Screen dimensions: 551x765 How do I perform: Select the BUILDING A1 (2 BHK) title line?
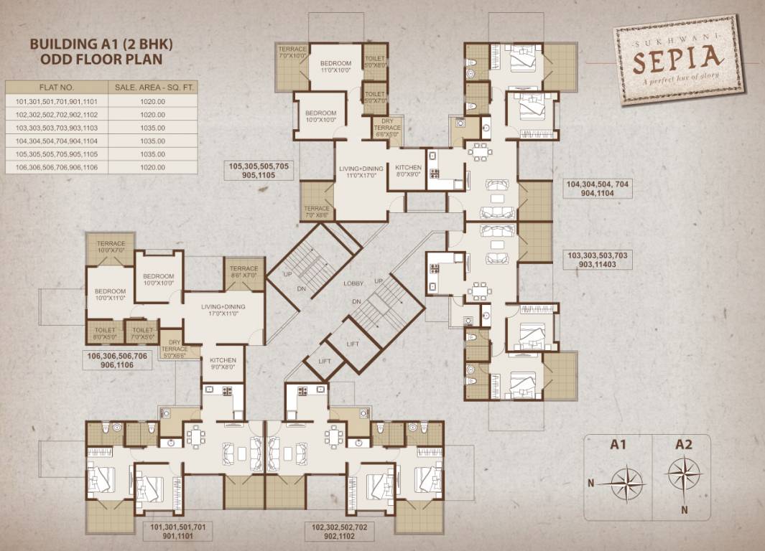pyautogui.click(x=101, y=44)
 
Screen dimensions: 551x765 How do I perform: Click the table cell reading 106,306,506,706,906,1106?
pyautogui.click(x=56, y=167)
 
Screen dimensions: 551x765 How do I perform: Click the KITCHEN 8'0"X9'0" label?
pyautogui.click(x=408, y=169)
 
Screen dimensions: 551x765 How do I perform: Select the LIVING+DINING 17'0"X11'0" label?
pyautogui.click(x=223, y=310)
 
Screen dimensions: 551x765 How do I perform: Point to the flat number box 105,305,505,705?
pyautogui.click(x=259, y=170)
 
